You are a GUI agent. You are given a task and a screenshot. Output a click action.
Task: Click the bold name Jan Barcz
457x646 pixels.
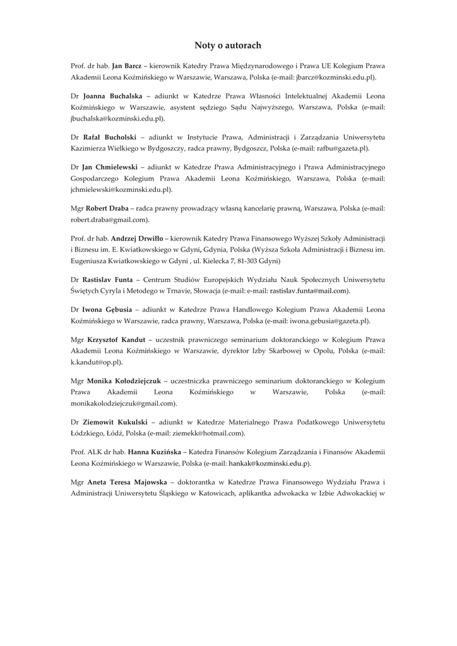[x=127, y=66]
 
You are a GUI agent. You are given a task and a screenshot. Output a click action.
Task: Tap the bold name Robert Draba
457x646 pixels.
[x=107, y=208]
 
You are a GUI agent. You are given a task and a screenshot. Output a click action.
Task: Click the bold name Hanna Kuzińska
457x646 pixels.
[x=155, y=452]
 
